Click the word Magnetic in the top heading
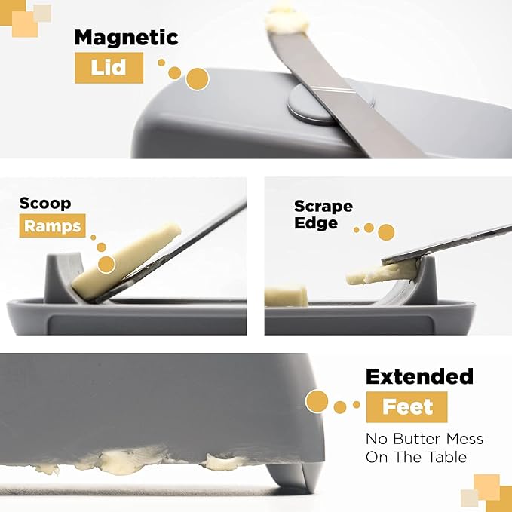(126, 38)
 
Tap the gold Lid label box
(109, 68)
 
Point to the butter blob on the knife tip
(287, 20)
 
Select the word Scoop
(45, 204)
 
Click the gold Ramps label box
(52, 225)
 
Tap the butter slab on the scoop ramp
(126, 261)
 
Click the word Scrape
(323, 207)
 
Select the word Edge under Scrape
(315, 223)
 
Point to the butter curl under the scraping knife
(382, 273)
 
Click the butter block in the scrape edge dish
(286, 296)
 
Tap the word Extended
(419, 376)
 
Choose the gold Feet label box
(406, 407)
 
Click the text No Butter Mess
(425, 439)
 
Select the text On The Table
(416, 457)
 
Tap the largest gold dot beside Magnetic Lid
(198, 79)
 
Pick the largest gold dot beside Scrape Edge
(386, 232)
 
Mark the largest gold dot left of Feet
(317, 401)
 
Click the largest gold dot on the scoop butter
(106, 265)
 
